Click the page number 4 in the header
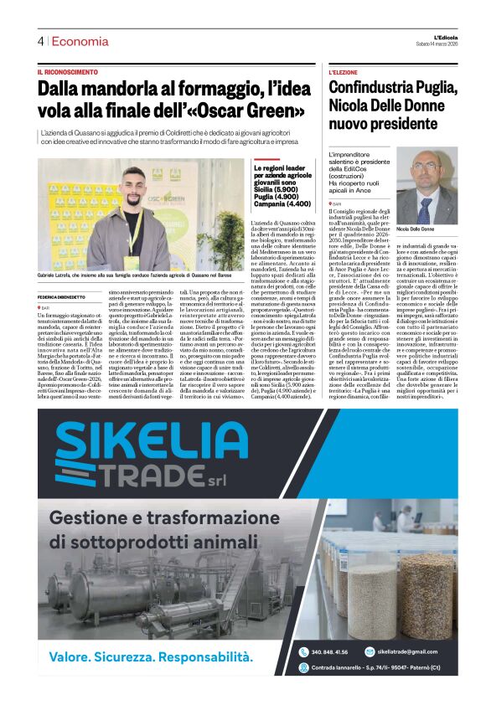(x=40, y=41)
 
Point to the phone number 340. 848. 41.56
(x=329, y=651)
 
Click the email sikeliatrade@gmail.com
(x=407, y=651)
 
